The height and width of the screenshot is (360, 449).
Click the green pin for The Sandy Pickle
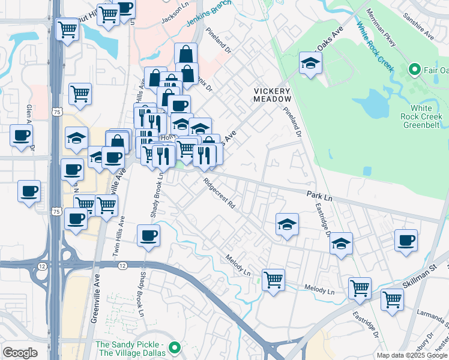(175, 347)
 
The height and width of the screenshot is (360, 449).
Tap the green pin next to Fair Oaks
(414, 70)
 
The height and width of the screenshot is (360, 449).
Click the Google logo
(20, 353)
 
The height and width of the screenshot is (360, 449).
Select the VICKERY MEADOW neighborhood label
(272, 94)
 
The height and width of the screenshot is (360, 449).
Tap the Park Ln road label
(319, 196)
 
